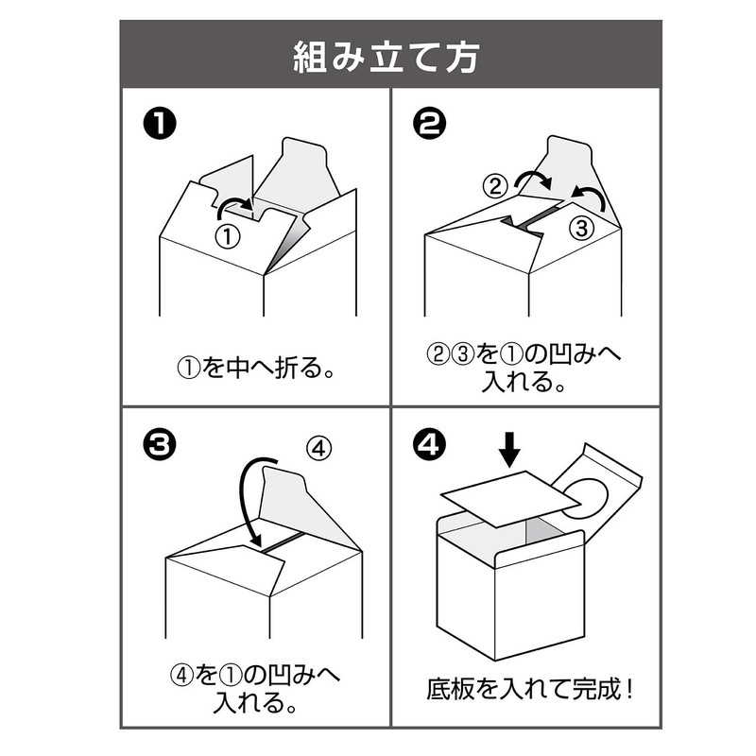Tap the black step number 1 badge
pyautogui.click(x=157, y=125)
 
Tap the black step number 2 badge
pyautogui.click(x=425, y=125)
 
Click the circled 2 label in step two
pyautogui.click(x=494, y=186)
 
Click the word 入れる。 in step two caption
pyautogui.click(x=524, y=383)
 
